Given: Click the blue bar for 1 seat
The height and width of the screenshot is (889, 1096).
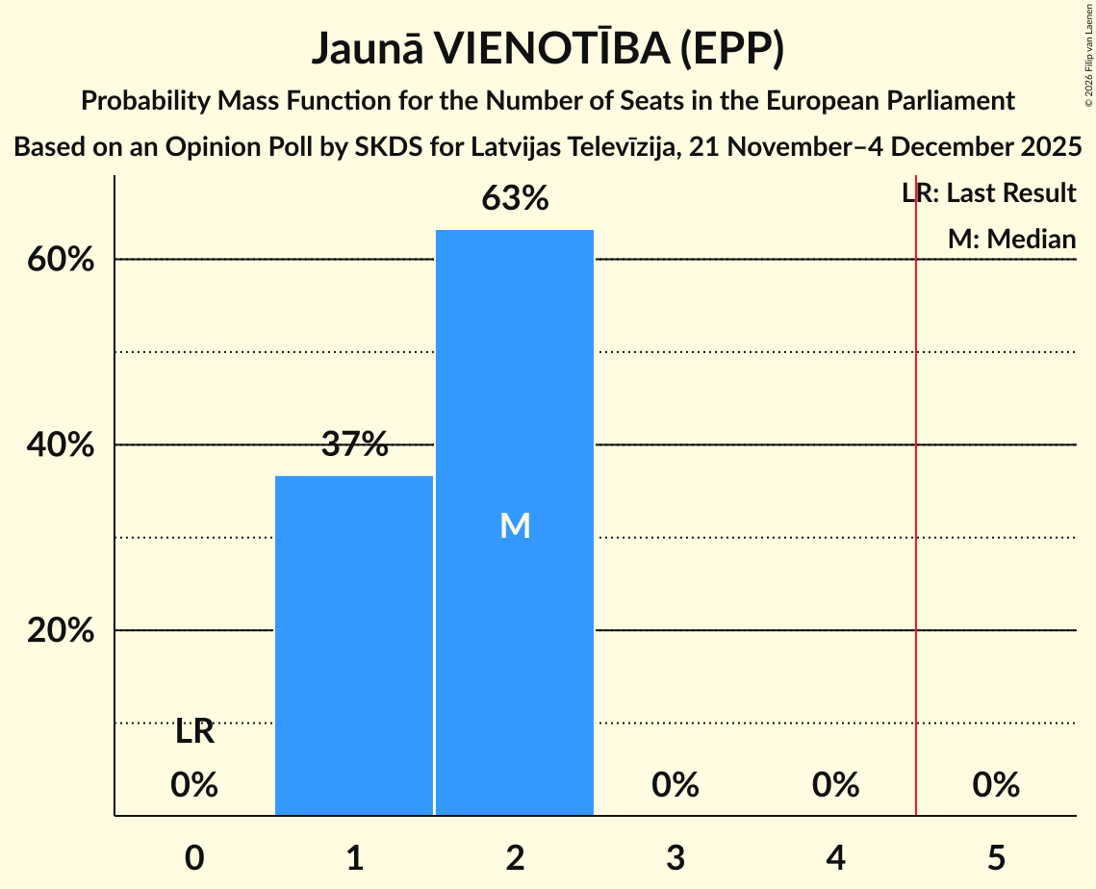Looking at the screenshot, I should (354, 646).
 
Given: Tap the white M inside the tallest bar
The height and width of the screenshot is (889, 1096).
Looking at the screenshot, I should (515, 525).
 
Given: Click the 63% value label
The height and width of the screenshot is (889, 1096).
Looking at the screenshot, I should (515, 199).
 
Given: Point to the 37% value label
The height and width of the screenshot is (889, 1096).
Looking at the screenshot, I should (354, 444).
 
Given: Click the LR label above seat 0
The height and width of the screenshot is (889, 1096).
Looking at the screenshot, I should (194, 732).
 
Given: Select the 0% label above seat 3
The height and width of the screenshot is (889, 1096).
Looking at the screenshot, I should (675, 785).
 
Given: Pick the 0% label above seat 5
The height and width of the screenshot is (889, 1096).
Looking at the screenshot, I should (996, 785).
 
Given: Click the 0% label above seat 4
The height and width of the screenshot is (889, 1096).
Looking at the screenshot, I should (835, 785).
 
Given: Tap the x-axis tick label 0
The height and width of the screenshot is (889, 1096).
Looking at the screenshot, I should (194, 856).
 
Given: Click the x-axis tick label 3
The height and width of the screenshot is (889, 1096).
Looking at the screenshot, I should (675, 856).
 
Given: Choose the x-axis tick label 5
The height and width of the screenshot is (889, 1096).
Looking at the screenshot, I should (996, 856).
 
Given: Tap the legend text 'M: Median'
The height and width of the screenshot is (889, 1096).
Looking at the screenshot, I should (1011, 239).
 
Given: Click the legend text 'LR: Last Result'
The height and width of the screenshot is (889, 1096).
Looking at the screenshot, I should (989, 193).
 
